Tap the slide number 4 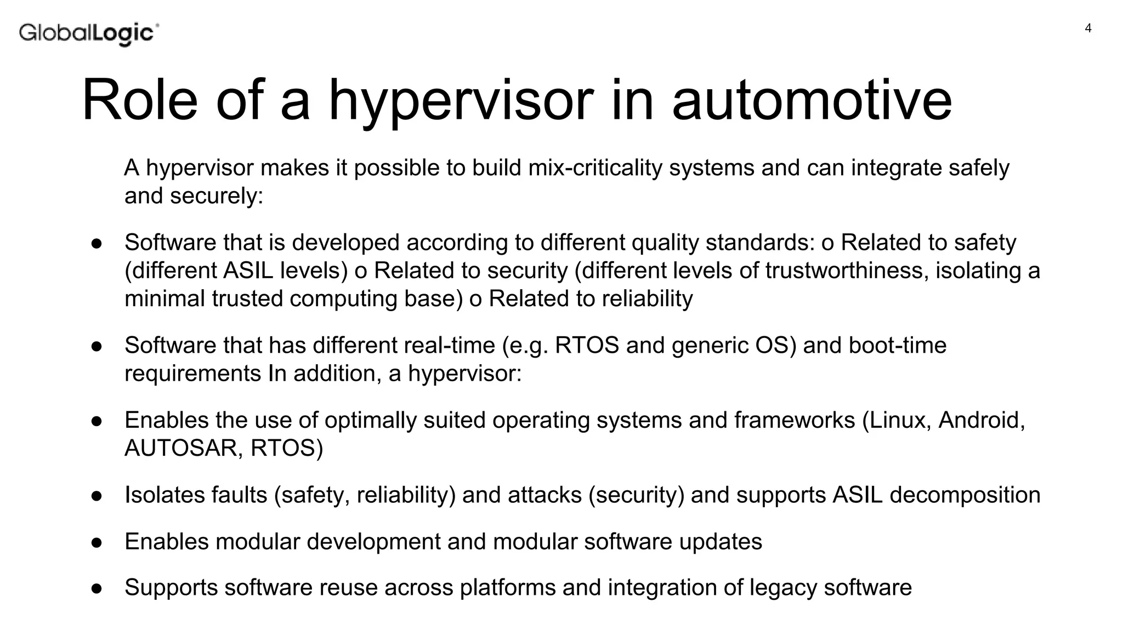pos(1088,28)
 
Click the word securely pos(216,196)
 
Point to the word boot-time pos(898,345)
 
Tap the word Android pos(981,420)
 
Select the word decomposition pos(965,495)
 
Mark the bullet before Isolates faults pos(97,496)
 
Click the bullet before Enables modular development pos(97,542)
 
